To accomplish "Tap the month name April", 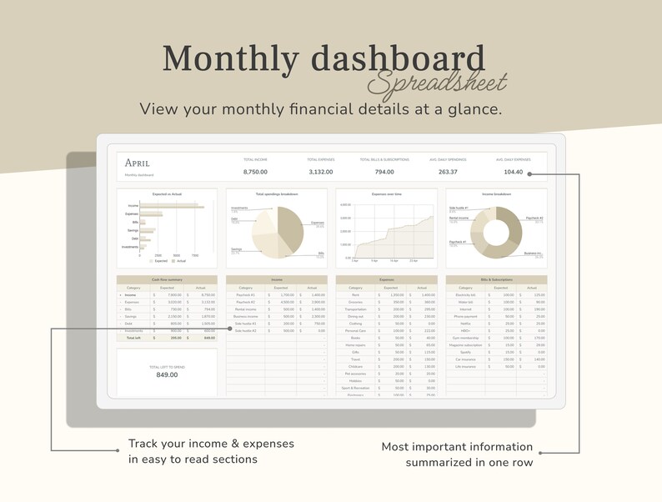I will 137,163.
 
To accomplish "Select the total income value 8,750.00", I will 255,172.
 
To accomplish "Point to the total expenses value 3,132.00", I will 319,172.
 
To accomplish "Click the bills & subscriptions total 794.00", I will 384,172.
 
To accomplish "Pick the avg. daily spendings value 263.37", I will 448,172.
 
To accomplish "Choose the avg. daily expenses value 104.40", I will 513,172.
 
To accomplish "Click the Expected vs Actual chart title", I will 167,193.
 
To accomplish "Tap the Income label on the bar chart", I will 133,205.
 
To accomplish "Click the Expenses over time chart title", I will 387,193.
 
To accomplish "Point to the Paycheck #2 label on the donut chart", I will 533,220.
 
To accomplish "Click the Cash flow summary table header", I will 167,279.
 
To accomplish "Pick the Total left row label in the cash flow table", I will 133,338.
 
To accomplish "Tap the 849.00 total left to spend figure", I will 167,374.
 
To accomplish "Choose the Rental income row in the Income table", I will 245,309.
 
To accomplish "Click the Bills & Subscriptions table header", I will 496,279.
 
